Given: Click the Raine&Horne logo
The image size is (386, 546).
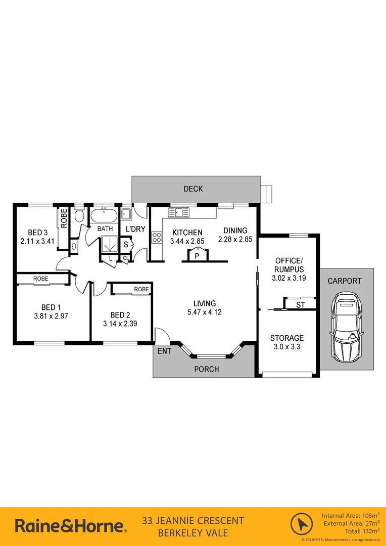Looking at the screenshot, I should [x=70, y=526].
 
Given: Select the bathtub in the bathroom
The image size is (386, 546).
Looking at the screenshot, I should [x=105, y=216].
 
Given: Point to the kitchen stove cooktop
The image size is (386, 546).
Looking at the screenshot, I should [x=157, y=238].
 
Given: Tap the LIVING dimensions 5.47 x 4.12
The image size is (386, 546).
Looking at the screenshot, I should [x=204, y=312].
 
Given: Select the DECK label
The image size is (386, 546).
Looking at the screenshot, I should [x=193, y=189].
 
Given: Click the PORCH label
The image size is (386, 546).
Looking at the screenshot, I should [x=207, y=369].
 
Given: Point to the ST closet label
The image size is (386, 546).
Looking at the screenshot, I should [x=300, y=304].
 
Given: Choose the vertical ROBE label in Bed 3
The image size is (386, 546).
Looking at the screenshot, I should [x=64, y=218].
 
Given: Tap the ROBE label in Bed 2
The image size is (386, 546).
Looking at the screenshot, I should [x=141, y=289].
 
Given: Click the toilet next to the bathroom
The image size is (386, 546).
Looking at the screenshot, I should [x=78, y=216].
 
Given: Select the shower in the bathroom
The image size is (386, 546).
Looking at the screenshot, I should [x=109, y=244].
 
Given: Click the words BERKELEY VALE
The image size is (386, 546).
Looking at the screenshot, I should [x=193, y=533].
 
